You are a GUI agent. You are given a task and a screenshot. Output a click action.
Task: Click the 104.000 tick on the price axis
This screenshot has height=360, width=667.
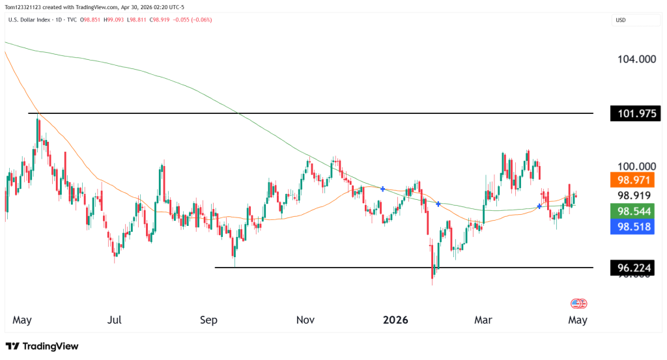click(x=636, y=59)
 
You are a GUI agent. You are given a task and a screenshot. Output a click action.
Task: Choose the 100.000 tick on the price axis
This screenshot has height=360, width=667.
click(x=636, y=167)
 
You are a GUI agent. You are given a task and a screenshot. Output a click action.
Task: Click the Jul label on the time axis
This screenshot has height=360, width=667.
click(x=115, y=320)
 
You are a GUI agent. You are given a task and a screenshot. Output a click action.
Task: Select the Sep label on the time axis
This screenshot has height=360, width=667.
click(x=208, y=320)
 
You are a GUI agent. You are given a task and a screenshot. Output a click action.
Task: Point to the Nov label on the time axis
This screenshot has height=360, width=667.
click(x=305, y=320)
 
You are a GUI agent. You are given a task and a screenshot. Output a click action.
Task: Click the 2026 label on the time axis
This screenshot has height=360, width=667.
click(x=395, y=320)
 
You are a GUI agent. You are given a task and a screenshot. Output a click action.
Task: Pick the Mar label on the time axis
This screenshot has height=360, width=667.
click(x=483, y=320)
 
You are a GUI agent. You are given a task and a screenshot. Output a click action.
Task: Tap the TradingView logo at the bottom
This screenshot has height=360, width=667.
click(x=42, y=346)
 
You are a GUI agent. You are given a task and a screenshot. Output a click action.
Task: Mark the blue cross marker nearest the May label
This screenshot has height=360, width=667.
click(x=539, y=206)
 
